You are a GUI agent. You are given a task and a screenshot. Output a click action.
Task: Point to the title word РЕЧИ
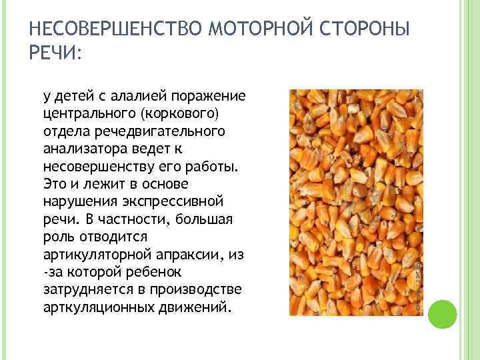(x=53, y=53)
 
